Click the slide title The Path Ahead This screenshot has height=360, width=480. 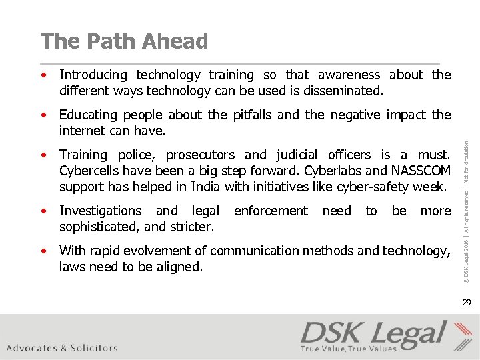pyautogui.click(x=124, y=41)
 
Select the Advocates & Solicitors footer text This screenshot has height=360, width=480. pyautogui.click(x=62, y=348)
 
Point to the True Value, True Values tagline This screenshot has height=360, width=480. pyautogui.click(x=349, y=349)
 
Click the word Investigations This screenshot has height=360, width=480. pyautogui.click(x=100, y=211)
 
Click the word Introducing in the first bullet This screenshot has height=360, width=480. pyautogui.click(x=93, y=75)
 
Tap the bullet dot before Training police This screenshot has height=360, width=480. pyautogui.click(x=44, y=155)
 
